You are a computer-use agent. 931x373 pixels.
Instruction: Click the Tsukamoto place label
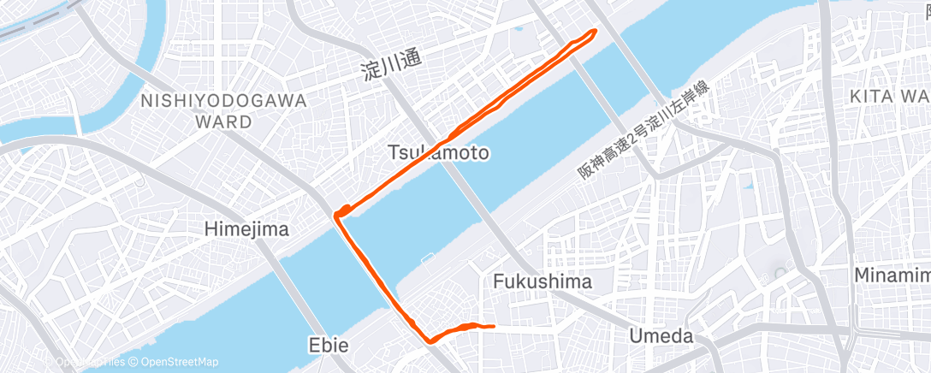click(439, 153)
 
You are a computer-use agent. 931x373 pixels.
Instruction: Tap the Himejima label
click(246, 229)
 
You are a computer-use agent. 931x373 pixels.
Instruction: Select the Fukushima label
click(543, 281)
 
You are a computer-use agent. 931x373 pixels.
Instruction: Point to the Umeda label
click(661, 336)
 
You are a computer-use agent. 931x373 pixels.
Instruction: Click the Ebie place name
click(328, 346)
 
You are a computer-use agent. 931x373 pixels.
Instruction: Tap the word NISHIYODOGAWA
click(223, 101)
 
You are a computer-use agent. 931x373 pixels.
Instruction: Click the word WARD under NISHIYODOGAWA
click(223, 121)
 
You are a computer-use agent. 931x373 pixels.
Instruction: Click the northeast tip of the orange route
click(593, 32)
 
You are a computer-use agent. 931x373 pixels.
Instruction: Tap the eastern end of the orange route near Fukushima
click(494, 326)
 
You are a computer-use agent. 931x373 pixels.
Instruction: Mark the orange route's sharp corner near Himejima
click(337, 214)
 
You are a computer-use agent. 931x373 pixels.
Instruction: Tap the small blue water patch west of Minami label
click(780, 270)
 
